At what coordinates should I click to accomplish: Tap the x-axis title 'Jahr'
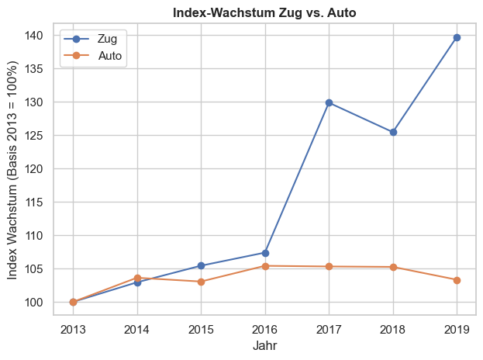264,346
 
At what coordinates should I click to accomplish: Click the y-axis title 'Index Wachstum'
13,171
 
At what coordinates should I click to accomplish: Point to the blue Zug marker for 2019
457,37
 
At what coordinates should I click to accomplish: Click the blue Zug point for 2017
329,102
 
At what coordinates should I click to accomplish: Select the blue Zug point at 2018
393,132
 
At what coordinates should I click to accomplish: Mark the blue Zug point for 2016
265,253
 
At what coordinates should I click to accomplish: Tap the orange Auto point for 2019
457,280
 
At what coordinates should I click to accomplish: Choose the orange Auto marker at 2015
201,282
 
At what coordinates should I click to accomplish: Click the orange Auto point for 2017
329,267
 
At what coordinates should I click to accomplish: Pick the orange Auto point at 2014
137,278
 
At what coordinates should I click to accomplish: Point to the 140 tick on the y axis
33,36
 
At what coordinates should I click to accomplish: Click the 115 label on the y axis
33,202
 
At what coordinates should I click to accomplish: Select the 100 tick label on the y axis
33,303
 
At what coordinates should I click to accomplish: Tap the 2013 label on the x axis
73,328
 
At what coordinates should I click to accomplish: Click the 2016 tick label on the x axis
265,328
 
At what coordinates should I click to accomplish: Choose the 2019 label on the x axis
457,328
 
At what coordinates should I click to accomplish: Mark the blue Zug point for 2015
201,266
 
